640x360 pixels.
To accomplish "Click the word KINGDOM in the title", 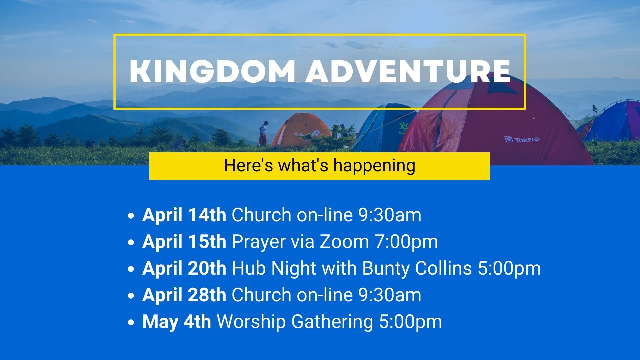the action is pyautogui.click(x=212, y=71).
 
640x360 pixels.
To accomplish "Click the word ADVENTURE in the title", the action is pyautogui.click(x=408, y=71).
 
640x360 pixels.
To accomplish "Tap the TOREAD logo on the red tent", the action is pyautogui.click(x=522, y=139).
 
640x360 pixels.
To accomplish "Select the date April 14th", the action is pyautogui.click(x=184, y=215).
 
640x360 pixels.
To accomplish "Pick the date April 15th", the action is pyautogui.click(x=184, y=241).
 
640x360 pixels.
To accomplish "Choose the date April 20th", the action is pyautogui.click(x=184, y=268).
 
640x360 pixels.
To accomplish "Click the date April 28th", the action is pyautogui.click(x=184, y=295).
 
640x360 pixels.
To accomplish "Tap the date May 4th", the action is pyautogui.click(x=177, y=321).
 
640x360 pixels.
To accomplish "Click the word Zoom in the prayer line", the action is pyautogui.click(x=344, y=241).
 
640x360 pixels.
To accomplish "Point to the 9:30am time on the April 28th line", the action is pyautogui.click(x=390, y=295).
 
